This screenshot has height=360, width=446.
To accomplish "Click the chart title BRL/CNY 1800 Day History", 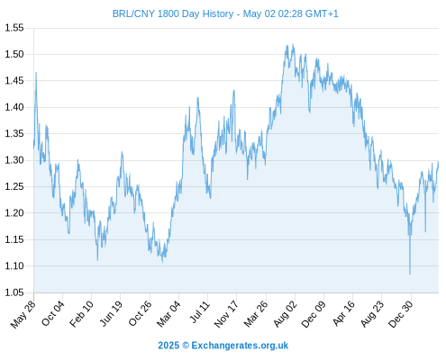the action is (173, 13).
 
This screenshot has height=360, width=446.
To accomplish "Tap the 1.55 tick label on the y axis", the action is (14, 28).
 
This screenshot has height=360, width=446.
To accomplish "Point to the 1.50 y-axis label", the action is (14, 54).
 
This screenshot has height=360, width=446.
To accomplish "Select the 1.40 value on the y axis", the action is (14, 107).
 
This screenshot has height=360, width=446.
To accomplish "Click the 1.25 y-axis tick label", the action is (14, 186).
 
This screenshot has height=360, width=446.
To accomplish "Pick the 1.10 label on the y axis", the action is (14, 265).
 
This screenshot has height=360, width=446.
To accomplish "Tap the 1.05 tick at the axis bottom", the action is (14, 292).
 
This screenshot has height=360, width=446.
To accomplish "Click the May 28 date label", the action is (23, 314).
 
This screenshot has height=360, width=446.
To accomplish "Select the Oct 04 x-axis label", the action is (53, 313).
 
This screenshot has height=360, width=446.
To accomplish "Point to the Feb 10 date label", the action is (81, 314).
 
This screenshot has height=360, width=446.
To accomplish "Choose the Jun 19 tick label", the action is (111, 313).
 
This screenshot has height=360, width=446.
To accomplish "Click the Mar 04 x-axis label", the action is (168, 314).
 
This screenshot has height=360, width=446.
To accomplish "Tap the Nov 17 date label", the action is (226, 314).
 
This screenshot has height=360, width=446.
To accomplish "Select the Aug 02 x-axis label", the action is (285, 314).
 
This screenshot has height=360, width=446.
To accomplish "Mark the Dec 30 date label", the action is (401, 314).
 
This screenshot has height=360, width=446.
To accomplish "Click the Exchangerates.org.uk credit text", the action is (240, 346).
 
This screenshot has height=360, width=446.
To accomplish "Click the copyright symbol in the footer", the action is (186, 346).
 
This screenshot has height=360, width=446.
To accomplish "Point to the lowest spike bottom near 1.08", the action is (410, 274).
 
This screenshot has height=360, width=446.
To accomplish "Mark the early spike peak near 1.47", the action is (36, 72).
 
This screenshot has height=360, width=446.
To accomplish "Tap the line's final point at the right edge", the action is (439, 162).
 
